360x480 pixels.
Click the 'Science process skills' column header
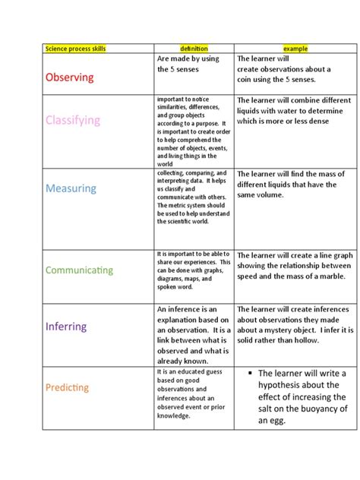75,49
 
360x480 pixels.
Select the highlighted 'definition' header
193,49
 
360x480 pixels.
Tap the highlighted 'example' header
295,49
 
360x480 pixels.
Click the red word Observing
70,77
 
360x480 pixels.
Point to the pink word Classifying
72,120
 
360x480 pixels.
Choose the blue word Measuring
71,188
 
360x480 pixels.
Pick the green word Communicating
79,270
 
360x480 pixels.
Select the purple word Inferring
66,327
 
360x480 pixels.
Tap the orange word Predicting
67,387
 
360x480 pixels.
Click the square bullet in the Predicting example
249,373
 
